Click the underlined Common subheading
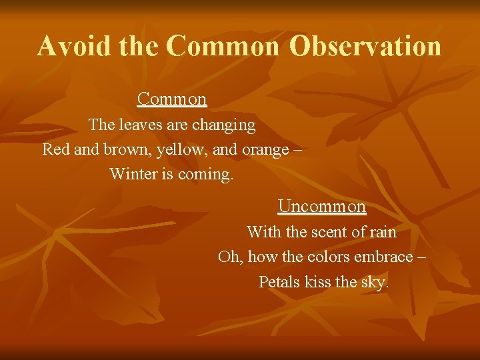[172, 99]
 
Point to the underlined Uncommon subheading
[322, 207]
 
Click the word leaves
[141, 125]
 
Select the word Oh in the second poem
[227, 257]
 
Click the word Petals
[279, 282]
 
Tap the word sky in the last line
[373, 283]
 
